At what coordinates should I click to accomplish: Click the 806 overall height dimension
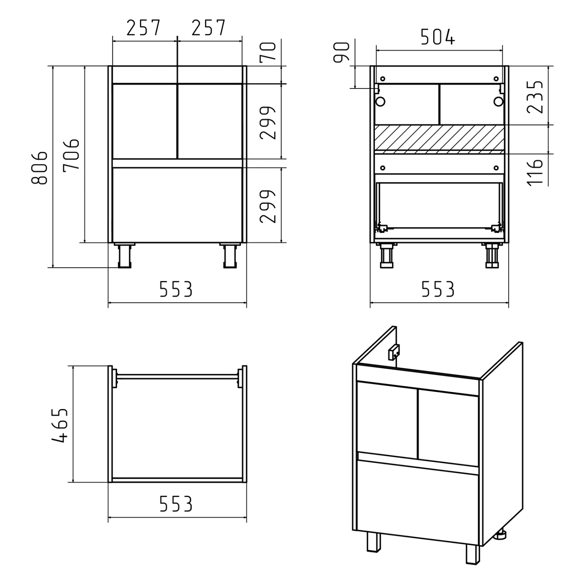[x=39, y=168]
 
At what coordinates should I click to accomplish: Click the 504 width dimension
[x=438, y=37]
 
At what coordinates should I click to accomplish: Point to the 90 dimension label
[x=342, y=53]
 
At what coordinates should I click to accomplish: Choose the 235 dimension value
[x=535, y=97]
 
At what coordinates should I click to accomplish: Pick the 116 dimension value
[x=535, y=172]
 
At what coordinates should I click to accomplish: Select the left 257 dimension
[x=143, y=28]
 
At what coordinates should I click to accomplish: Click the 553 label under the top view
[x=176, y=504]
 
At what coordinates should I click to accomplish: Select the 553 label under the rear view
[x=438, y=289]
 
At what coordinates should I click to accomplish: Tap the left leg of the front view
[x=125, y=255]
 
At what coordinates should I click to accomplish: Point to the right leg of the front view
[x=230, y=255]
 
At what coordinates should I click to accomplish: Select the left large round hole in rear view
[x=380, y=102]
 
